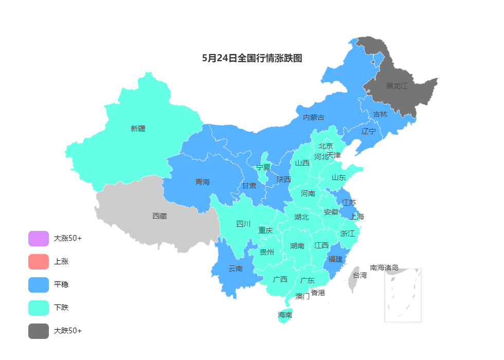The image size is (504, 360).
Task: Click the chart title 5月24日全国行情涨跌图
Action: click(252, 58)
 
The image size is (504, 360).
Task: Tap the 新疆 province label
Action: click(138, 129)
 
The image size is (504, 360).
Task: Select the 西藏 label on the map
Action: click(159, 216)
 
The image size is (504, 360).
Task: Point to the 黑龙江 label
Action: click(397, 86)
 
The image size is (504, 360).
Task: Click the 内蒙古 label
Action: click(313, 117)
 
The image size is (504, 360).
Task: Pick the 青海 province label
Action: click(203, 182)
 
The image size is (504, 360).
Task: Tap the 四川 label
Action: click(243, 224)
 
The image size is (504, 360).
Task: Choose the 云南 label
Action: click(236, 268)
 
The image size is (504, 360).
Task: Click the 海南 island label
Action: click(285, 315)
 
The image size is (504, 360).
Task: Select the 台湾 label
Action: click(359, 275)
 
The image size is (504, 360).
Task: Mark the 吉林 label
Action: click(380, 114)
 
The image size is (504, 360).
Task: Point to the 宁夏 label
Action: click(263, 167)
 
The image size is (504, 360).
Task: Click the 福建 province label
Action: click(335, 259)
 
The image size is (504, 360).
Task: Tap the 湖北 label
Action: click(301, 217)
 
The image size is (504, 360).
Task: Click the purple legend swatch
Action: click(39, 239)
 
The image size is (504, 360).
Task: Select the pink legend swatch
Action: click(39, 262)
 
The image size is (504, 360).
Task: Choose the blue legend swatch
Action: click(39, 285)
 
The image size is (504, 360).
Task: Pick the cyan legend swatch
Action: click(39, 308)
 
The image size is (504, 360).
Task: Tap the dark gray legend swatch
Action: click(39, 331)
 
